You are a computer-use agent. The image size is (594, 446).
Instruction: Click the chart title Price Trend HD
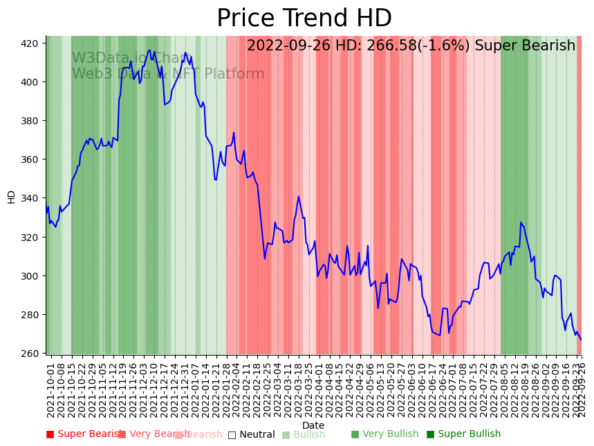[304, 19]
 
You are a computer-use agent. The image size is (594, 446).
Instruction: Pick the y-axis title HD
[11, 197]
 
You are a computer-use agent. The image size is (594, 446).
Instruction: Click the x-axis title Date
[313, 425]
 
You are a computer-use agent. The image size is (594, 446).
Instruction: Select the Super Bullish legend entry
[469, 434]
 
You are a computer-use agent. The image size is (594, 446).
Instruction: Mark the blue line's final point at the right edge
[581, 340]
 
